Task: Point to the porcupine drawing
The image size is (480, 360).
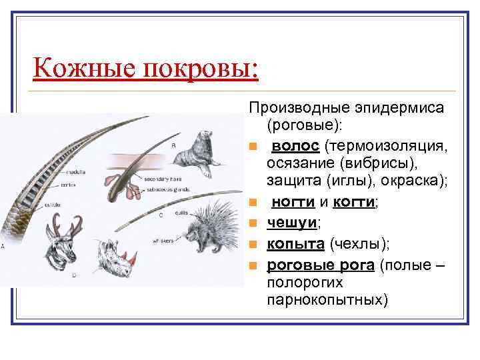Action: [207, 231]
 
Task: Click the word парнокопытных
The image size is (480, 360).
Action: [327, 299]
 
